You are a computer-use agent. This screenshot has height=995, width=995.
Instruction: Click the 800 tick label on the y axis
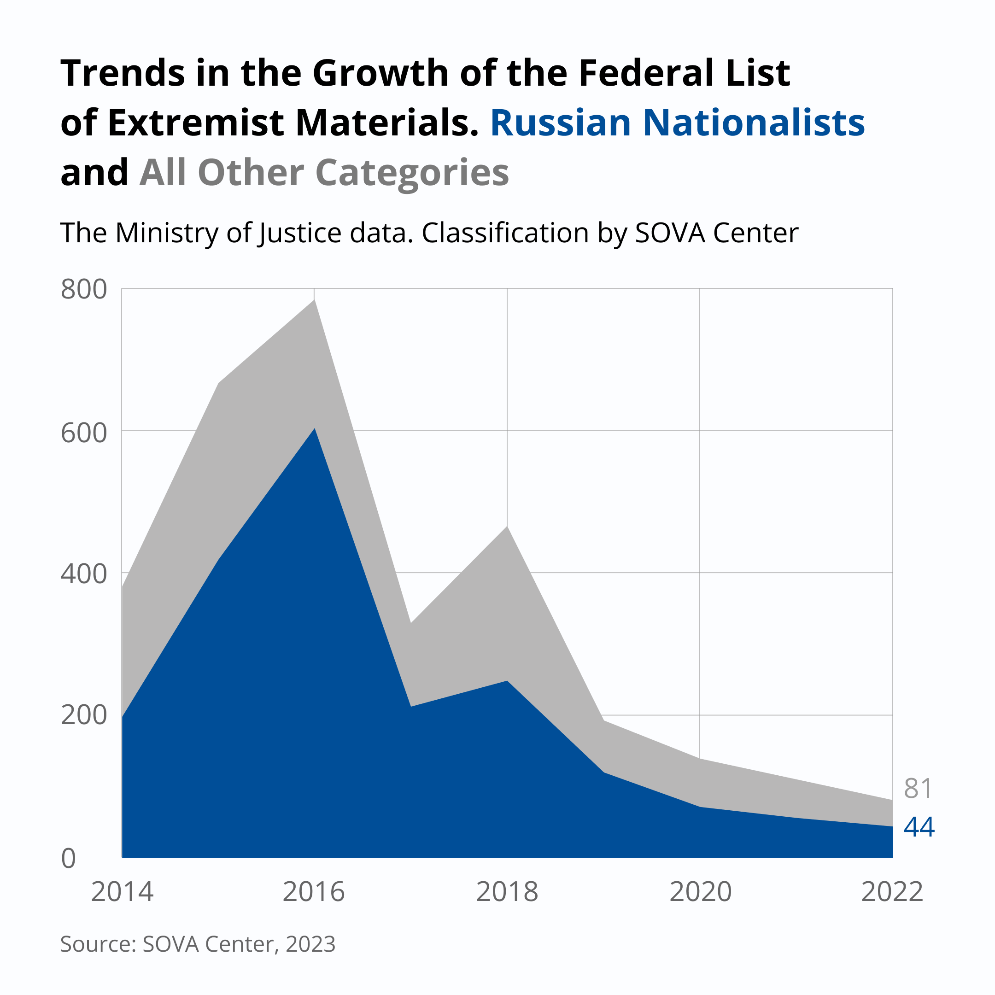click(x=84, y=289)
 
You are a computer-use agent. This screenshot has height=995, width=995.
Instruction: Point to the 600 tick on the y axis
click(x=84, y=433)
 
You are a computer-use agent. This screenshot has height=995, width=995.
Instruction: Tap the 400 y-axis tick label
click(x=84, y=574)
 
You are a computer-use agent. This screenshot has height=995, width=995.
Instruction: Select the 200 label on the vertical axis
click(x=84, y=715)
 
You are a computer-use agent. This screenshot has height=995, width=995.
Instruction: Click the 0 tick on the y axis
click(x=69, y=859)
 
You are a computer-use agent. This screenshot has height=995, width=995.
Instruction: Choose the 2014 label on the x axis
click(x=122, y=892)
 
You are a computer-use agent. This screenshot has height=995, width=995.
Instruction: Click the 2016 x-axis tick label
click(x=314, y=892)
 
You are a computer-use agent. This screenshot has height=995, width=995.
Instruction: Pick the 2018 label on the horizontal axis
click(x=507, y=892)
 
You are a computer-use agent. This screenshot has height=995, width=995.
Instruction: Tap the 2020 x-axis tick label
click(x=700, y=892)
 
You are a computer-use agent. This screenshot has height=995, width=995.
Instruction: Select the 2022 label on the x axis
click(x=892, y=892)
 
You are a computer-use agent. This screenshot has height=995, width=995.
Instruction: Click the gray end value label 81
click(x=918, y=789)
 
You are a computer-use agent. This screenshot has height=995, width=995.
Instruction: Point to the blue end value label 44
click(x=919, y=827)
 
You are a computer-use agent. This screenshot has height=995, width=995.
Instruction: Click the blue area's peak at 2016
click(x=315, y=429)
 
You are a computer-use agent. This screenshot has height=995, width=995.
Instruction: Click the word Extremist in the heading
click(x=196, y=123)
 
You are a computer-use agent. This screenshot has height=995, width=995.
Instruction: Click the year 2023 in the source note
click(x=310, y=944)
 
